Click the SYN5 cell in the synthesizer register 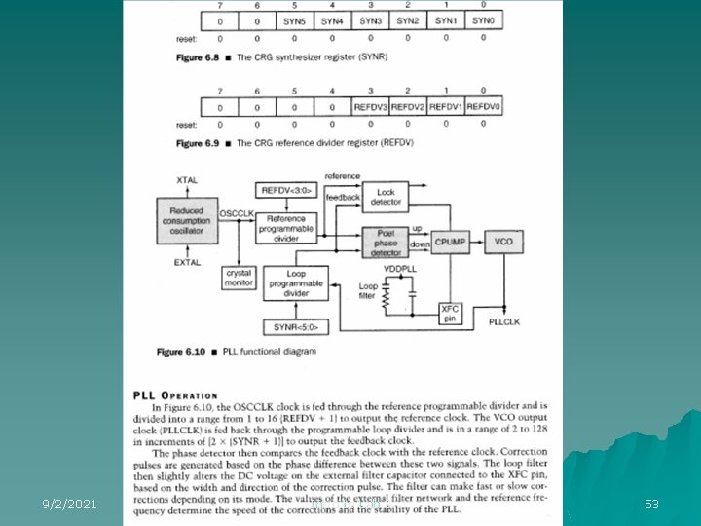pyautogui.click(x=294, y=21)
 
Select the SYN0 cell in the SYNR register pyautogui.click(x=483, y=21)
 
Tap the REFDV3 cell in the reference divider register pyautogui.click(x=370, y=106)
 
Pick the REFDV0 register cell pyautogui.click(x=484, y=106)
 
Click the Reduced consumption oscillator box pyautogui.click(x=187, y=220)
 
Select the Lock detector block pyautogui.click(x=386, y=197)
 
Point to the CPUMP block pyautogui.click(x=451, y=240)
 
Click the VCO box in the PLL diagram pyautogui.click(x=503, y=240)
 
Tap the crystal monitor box pyautogui.click(x=240, y=278)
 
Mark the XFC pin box pyautogui.click(x=450, y=314)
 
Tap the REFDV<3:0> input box pyautogui.click(x=286, y=190)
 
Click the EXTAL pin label pyautogui.click(x=188, y=262)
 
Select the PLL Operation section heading pyautogui.click(x=175, y=394)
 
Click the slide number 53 pyautogui.click(x=651, y=504)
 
